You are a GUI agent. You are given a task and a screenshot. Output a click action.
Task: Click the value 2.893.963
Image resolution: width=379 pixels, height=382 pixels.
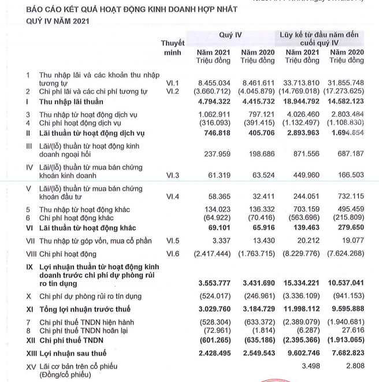point(302,132)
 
